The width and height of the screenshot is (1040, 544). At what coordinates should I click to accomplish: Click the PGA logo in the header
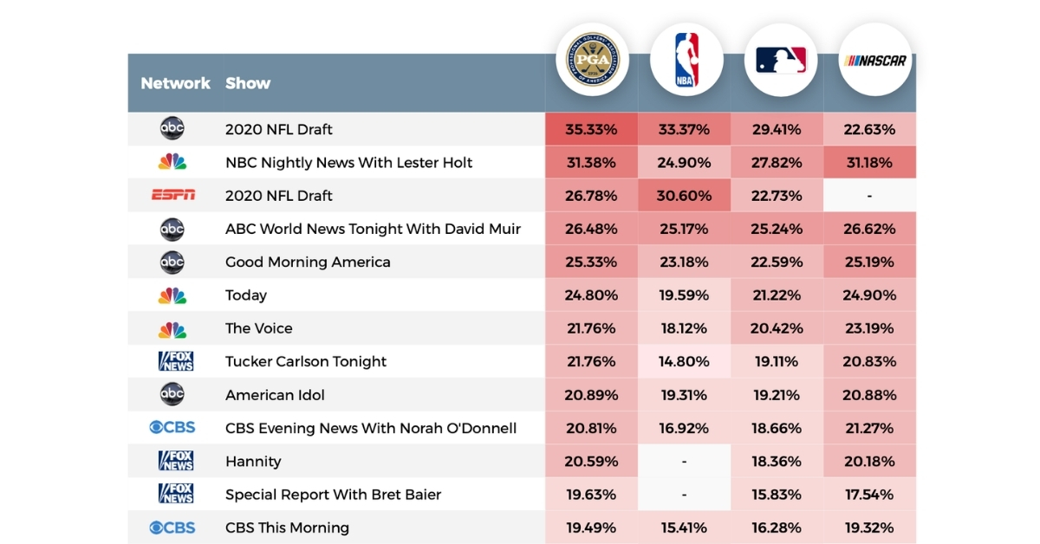tap(592, 60)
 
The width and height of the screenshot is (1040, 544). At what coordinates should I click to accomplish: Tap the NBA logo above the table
tap(686, 60)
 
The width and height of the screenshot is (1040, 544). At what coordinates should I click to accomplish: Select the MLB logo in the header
tap(780, 60)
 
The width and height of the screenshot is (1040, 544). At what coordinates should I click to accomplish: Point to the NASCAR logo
tap(874, 60)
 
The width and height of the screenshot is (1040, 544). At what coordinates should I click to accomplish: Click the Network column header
tap(175, 83)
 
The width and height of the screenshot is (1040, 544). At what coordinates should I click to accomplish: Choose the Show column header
tap(248, 83)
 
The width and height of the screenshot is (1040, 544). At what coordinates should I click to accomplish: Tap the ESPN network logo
tap(173, 196)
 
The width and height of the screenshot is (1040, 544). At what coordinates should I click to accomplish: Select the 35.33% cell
tap(591, 130)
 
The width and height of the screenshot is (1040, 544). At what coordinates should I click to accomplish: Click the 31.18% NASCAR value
tap(868, 163)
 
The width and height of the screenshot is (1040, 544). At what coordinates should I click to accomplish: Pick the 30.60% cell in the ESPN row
tap(684, 196)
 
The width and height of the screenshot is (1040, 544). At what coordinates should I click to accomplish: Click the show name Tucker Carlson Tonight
tap(306, 361)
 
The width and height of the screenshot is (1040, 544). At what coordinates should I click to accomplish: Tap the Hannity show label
tap(253, 461)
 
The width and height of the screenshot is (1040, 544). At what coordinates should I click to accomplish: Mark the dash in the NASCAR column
tap(868, 196)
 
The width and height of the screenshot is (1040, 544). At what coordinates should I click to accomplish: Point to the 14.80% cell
tap(684, 361)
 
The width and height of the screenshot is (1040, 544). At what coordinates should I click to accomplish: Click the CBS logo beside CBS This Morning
tap(172, 528)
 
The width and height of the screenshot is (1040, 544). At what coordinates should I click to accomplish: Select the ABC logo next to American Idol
tap(172, 395)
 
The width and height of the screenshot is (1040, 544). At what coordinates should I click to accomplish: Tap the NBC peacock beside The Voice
tap(172, 328)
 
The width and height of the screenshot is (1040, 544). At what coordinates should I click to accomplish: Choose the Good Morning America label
tap(308, 262)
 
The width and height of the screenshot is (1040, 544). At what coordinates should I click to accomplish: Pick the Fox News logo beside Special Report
tap(176, 494)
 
